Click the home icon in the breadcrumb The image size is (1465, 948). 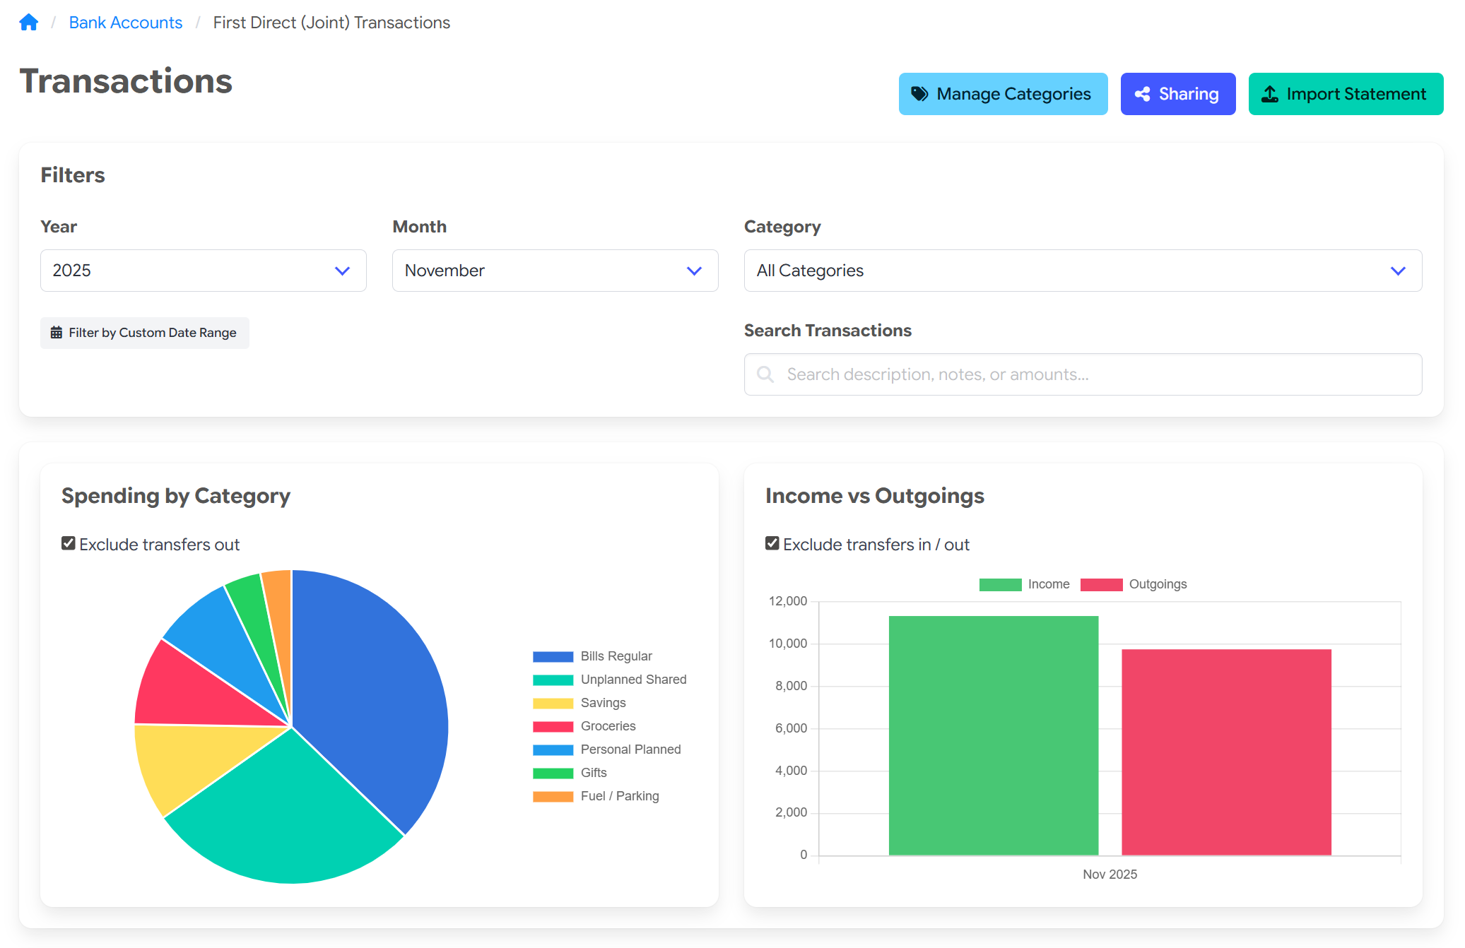click(28, 23)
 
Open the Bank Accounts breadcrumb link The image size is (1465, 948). click(125, 23)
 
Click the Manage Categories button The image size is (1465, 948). click(1002, 94)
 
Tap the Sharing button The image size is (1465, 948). click(1177, 94)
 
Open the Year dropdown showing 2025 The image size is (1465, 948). click(203, 271)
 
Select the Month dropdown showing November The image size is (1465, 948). click(555, 271)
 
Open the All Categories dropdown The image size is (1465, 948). click(1082, 271)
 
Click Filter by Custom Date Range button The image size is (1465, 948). click(144, 333)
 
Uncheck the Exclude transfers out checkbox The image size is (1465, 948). click(69, 543)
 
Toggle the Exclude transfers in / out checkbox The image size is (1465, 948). click(772, 543)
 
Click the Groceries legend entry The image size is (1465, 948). click(608, 726)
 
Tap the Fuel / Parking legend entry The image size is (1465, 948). click(619, 796)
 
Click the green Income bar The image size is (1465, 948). click(993, 735)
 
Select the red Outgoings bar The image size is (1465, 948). click(1226, 752)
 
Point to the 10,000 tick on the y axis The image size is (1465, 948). click(787, 644)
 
